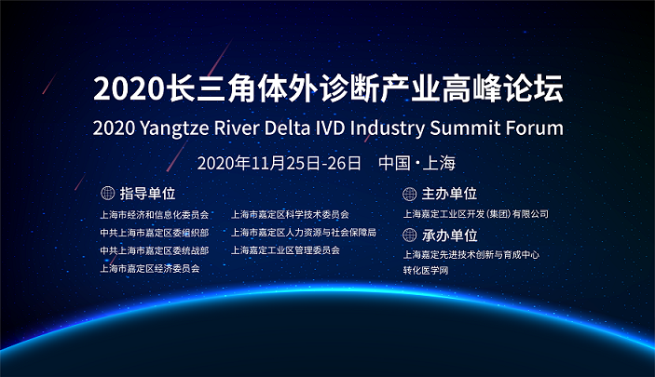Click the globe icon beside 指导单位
coord(108,193)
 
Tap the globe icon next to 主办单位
coord(409,194)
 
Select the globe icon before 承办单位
coord(409,236)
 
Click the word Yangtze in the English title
coord(174,128)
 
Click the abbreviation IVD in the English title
coord(330,128)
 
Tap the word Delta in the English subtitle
coord(287,128)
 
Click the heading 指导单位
coord(148,194)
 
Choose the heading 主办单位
coord(449,194)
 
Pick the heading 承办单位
coord(449,236)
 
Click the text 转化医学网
coord(426,270)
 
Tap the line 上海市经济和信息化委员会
coord(154,215)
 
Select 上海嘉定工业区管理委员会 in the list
coord(285,250)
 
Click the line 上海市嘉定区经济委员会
coord(150,268)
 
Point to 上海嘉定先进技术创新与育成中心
coord(471,254)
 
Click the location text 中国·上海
coord(416,163)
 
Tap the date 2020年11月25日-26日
coord(279,163)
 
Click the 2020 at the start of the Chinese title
coord(129,89)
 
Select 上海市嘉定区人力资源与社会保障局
coord(304,232)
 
